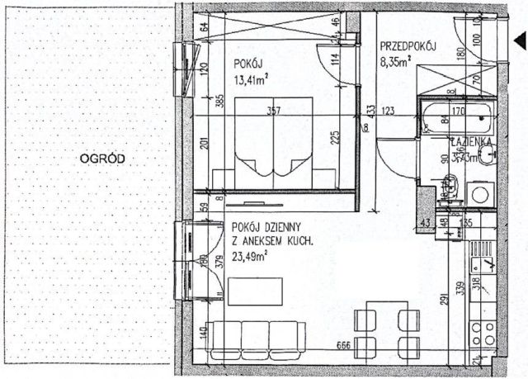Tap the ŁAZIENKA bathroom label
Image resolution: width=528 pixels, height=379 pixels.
tap(471, 142)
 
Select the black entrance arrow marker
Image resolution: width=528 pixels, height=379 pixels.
tap(520, 40)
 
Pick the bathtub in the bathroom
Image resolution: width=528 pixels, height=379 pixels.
tap(455, 119)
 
